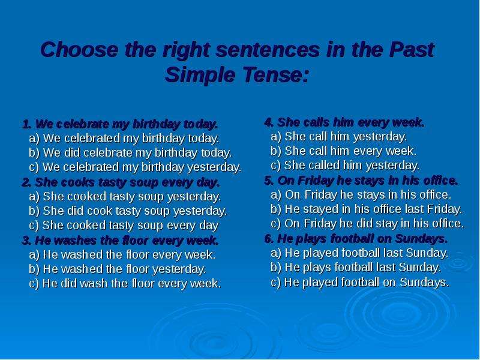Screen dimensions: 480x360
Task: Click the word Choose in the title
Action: coord(79,50)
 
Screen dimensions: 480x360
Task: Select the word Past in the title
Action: coord(412,50)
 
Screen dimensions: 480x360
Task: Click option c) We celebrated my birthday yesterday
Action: coord(135,167)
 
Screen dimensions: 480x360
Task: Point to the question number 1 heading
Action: coord(120,124)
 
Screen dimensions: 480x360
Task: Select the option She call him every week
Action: coord(343,151)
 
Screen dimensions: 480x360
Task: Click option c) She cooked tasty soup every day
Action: coord(124,226)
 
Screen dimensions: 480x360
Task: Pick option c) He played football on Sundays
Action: coord(360,282)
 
